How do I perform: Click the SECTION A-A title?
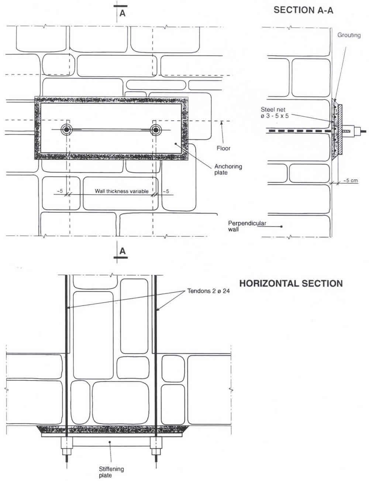[303, 10]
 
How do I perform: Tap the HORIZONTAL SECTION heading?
[291, 284]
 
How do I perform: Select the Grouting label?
[349, 35]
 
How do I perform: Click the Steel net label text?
[275, 112]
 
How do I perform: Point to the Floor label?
[224, 148]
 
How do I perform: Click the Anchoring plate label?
[228, 169]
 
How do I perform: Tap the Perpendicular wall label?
[247, 226]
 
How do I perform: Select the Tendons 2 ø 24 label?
[208, 291]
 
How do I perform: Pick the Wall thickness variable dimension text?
[122, 191]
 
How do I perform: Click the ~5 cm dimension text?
[351, 181]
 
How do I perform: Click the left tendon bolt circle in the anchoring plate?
[67, 130]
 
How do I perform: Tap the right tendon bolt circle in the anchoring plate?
[156, 130]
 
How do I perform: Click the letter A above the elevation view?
[123, 13]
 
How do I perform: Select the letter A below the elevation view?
[123, 251]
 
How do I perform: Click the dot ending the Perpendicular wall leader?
[282, 226]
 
